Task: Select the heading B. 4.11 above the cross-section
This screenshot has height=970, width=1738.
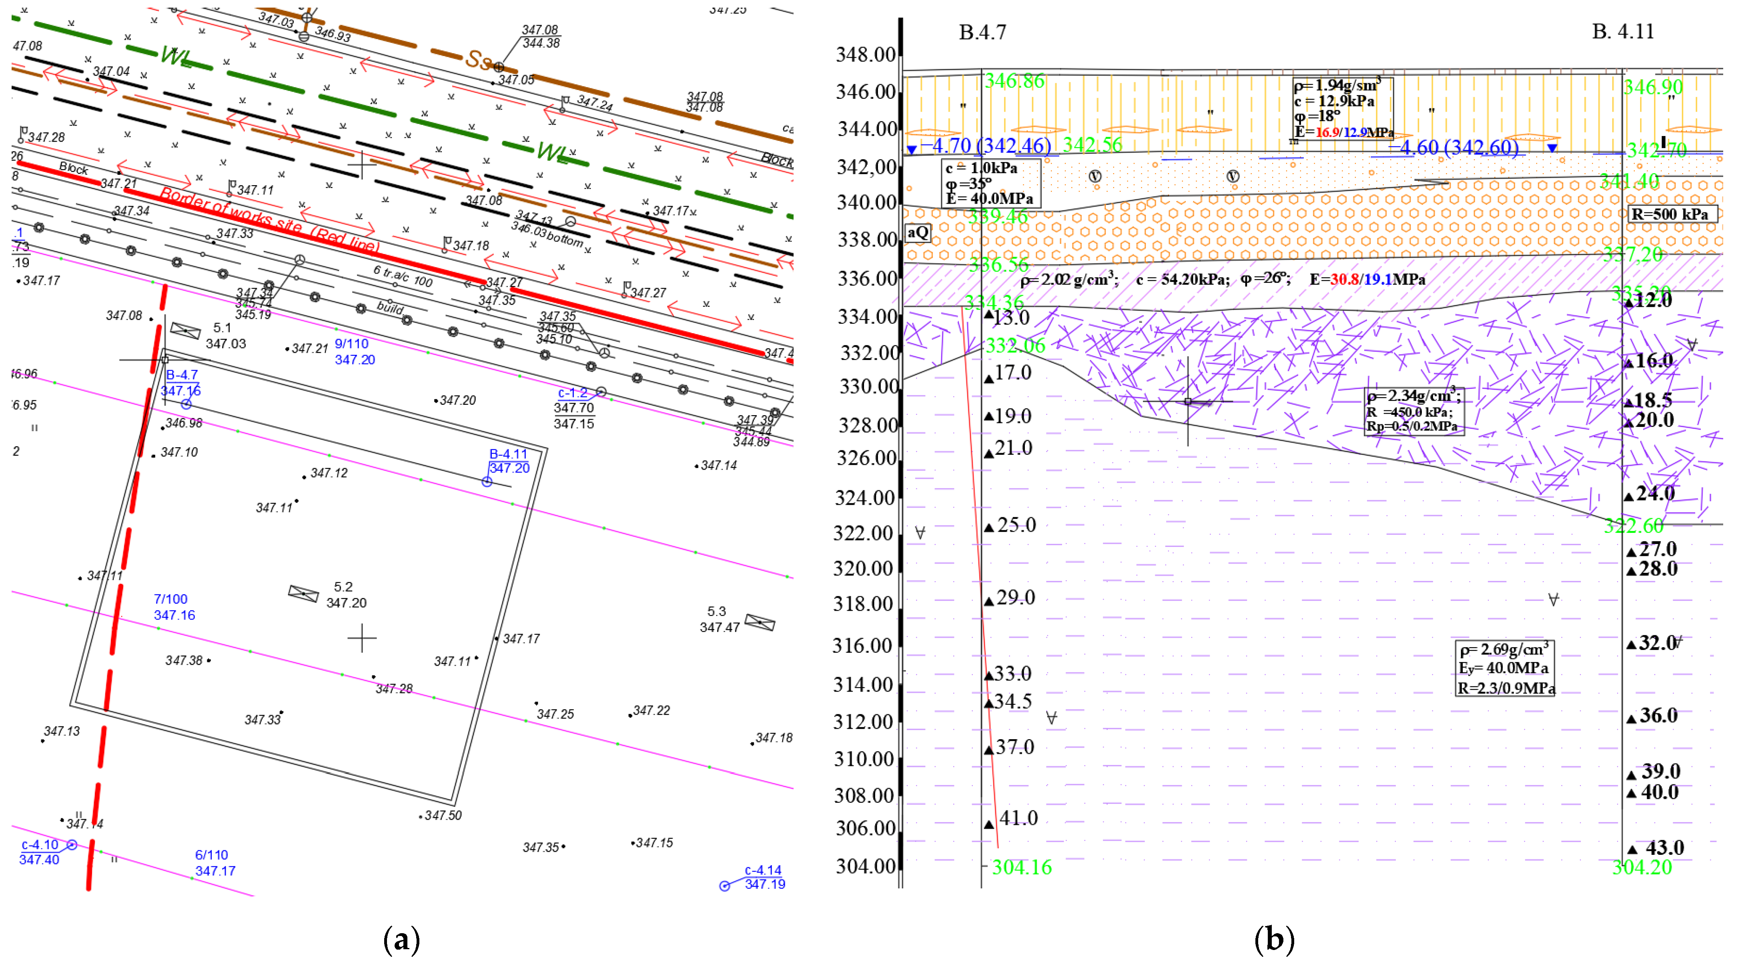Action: click(1623, 32)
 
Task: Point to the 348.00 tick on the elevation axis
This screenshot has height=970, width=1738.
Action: click(866, 55)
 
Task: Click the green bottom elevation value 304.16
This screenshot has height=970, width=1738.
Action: click(1022, 868)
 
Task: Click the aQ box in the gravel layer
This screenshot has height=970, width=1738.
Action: click(918, 233)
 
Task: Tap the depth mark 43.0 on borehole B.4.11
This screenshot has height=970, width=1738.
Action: click(1664, 848)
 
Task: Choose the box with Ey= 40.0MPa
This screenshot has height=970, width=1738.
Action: click(1505, 668)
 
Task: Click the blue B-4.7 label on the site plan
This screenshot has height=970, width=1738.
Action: click(182, 375)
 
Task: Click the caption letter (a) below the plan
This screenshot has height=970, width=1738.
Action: click(401, 940)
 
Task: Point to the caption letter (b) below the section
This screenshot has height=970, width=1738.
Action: click(1274, 940)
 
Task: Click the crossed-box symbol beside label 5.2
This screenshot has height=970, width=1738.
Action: click(303, 594)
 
